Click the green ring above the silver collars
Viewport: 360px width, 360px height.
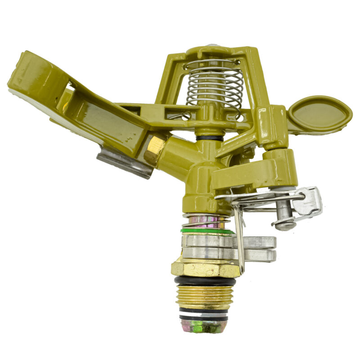(207, 231)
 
